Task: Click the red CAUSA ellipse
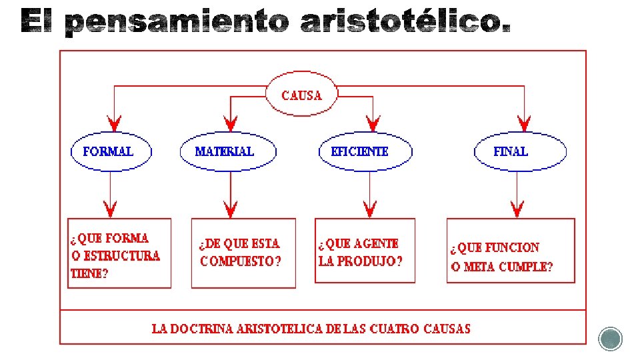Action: coord(301,95)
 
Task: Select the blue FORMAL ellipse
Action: coord(111,151)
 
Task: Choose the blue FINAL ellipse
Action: coord(520,151)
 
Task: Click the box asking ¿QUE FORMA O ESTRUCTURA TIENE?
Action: coord(119,253)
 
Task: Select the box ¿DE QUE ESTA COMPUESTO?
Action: coord(243,253)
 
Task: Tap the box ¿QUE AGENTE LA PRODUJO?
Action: coord(365,251)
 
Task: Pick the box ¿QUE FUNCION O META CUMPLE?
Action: coord(510,251)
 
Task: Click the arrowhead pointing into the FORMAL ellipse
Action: coord(115,123)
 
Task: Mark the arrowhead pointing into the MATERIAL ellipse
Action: coord(231,123)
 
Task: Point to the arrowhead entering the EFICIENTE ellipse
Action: coord(373,123)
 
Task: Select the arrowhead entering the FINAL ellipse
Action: coord(525,123)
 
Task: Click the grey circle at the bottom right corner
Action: coord(610,339)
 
